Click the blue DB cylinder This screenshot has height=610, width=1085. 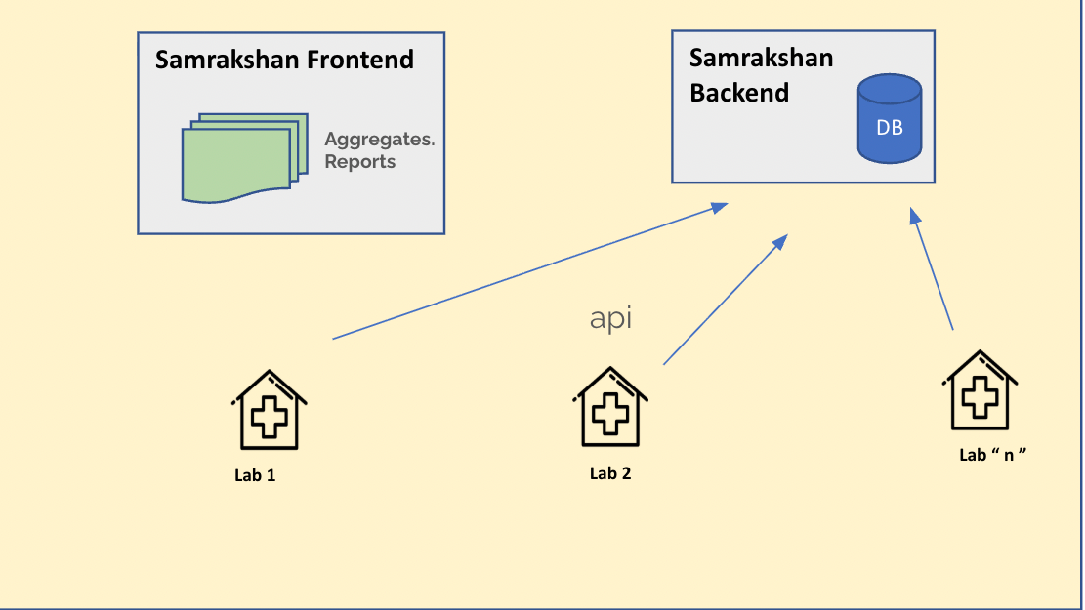(x=889, y=120)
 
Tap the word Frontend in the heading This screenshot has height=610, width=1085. (x=360, y=60)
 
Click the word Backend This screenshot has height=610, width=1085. (x=739, y=94)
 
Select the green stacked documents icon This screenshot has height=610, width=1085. (x=237, y=158)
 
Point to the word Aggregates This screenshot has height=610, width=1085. (x=379, y=140)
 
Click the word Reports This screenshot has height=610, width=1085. (x=359, y=162)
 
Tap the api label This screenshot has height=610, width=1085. (x=611, y=319)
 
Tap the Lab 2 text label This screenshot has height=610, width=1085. (x=610, y=473)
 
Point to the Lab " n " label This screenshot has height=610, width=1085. (x=994, y=455)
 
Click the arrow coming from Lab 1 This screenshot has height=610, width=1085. (x=527, y=271)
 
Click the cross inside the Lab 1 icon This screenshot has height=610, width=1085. (x=270, y=418)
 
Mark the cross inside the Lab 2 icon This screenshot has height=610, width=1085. (x=611, y=414)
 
